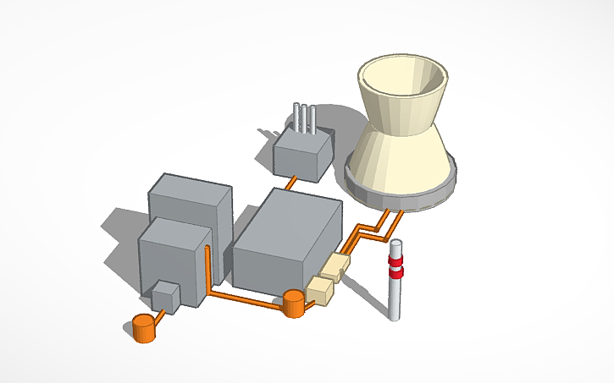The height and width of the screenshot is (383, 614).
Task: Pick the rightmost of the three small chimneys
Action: (313, 119)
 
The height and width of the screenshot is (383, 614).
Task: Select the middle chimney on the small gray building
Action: (304, 118)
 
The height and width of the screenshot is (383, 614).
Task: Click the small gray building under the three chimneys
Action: (301, 156)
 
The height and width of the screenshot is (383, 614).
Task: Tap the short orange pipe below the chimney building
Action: (290, 182)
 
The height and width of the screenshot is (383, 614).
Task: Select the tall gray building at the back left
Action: (191, 203)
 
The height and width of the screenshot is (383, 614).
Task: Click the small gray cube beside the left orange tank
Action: (164, 297)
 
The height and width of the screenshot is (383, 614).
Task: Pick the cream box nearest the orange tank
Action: (321, 290)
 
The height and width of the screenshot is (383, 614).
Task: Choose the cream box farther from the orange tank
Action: (336, 267)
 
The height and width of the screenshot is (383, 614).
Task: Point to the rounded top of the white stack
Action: (396, 243)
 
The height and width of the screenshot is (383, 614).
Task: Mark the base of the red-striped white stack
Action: (394, 315)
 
